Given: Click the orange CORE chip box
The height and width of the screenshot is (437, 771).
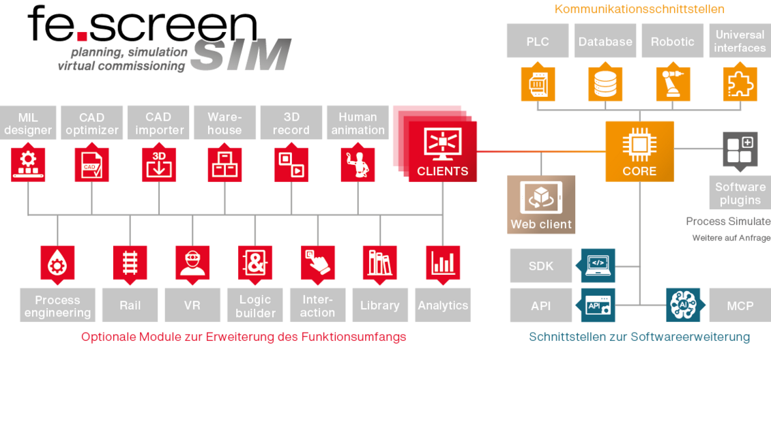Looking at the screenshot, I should pos(639,151).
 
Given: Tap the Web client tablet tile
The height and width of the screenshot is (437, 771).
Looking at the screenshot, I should pos(541,205).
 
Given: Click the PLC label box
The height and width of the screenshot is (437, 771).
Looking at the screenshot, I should pos(537,41).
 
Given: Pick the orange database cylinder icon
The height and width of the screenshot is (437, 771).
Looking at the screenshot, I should pos(605,84).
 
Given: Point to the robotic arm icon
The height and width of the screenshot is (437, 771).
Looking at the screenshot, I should pos(673,84).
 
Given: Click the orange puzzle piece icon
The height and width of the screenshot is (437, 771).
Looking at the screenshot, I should pos(740,84).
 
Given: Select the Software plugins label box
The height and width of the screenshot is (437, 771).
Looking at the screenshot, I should pos(740,193).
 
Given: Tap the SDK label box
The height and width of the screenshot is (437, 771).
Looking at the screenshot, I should pos(541,265).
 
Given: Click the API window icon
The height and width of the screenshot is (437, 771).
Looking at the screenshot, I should pos(598,305).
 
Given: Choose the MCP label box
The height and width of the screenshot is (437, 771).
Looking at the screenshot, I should pos(740,305).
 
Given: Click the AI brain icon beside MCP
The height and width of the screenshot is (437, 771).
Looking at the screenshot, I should pos(683,305).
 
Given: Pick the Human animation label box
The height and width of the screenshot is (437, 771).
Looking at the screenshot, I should pos(358,123).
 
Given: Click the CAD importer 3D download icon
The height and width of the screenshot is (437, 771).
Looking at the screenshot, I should pos(160,164).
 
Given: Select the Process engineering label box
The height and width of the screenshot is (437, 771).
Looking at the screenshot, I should pos(57,305).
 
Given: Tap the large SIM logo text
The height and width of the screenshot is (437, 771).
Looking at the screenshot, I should pos(241,55).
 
